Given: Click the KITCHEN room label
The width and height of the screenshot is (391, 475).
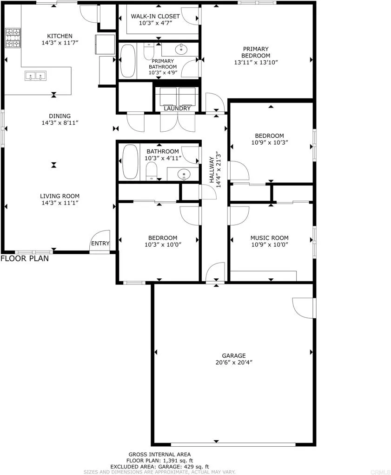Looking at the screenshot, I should click(x=60, y=36).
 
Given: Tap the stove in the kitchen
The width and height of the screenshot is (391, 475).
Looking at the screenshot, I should click(x=13, y=38).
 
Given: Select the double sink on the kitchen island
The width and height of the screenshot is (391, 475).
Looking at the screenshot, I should click(x=35, y=75).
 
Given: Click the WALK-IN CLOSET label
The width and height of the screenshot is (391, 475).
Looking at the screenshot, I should click(x=148, y=16).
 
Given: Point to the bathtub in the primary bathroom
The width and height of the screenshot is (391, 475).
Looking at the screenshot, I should click(x=127, y=61).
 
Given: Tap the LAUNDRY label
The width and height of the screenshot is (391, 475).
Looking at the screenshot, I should click(x=177, y=109).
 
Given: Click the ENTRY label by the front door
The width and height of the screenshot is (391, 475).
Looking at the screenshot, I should click(x=100, y=244).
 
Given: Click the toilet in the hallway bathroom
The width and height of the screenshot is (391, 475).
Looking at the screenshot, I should click(x=152, y=174).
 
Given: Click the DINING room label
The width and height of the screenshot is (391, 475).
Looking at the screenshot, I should click(x=60, y=116).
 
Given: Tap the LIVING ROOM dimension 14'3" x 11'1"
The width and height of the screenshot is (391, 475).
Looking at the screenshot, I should click(x=60, y=203).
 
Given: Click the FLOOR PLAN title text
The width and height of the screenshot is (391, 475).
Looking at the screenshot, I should click(x=24, y=258).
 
